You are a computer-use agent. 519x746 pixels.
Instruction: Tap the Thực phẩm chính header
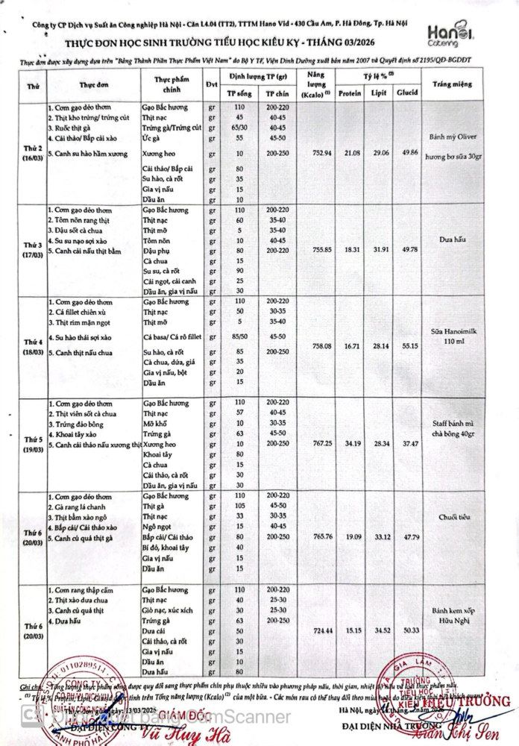(172, 84)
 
